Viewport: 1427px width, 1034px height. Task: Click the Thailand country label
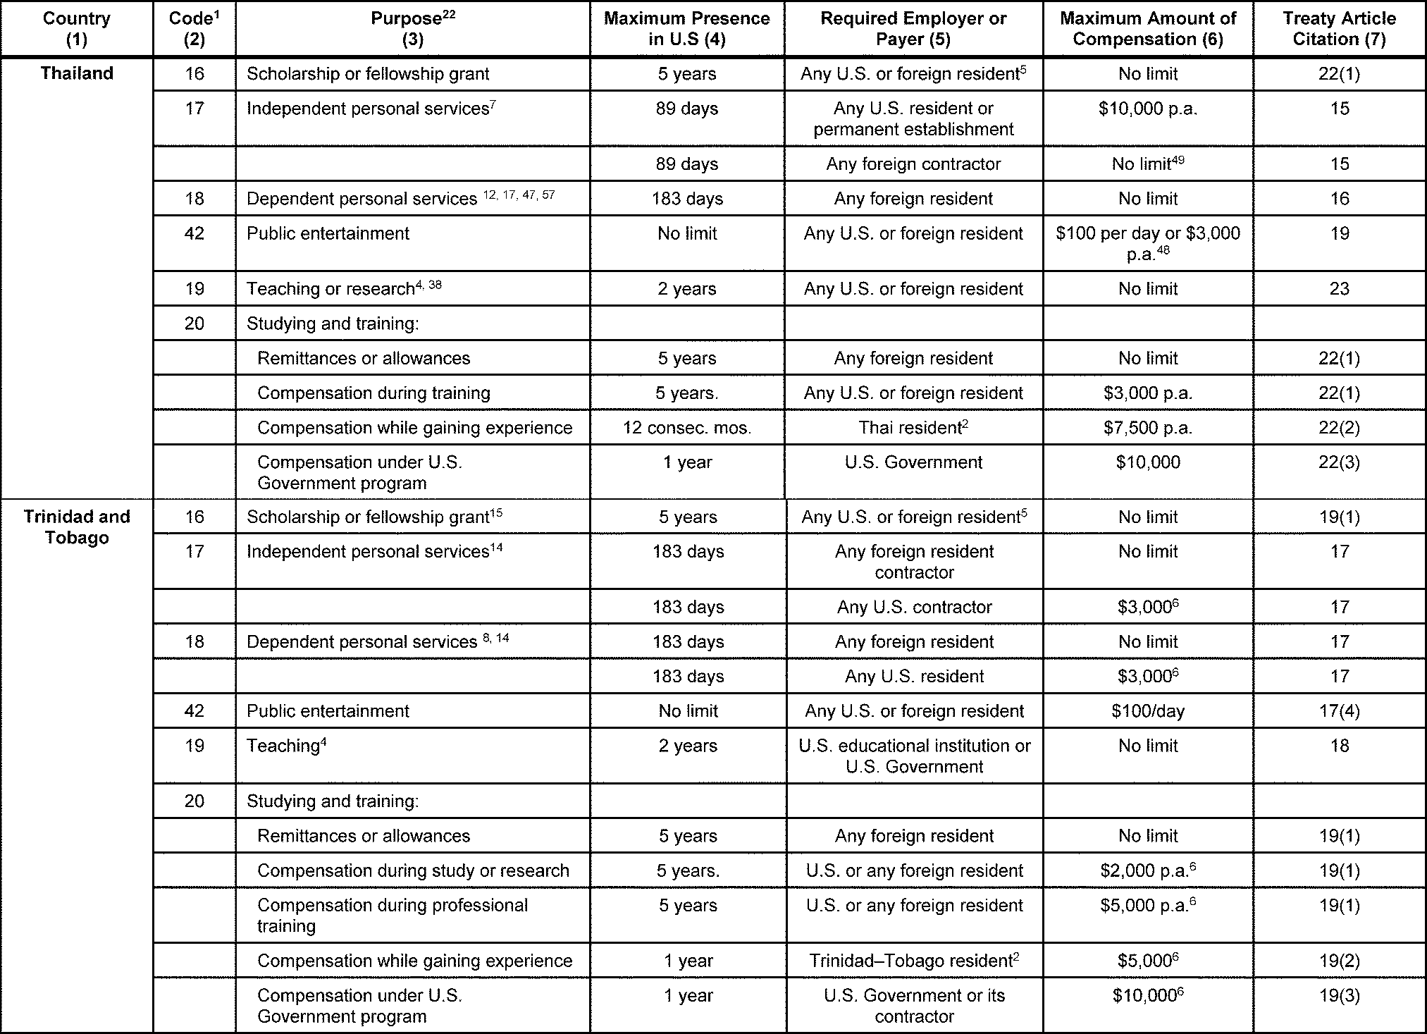(x=76, y=73)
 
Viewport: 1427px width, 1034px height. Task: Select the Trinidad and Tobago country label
(x=76, y=527)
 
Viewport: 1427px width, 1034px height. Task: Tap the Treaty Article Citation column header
(x=1338, y=29)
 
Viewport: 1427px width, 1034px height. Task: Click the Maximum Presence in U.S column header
(x=686, y=29)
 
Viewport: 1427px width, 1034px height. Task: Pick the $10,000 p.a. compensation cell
(x=1147, y=109)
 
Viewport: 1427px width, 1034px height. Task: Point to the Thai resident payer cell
(x=913, y=427)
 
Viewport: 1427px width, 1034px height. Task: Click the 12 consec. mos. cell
(x=686, y=427)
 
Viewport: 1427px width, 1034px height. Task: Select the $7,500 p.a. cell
(x=1147, y=427)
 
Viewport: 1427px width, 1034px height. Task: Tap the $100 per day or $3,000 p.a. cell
(x=1147, y=243)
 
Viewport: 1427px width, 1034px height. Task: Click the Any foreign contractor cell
(x=913, y=164)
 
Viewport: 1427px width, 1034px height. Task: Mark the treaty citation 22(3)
(x=1338, y=462)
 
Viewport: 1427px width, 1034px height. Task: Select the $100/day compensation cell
(x=1147, y=710)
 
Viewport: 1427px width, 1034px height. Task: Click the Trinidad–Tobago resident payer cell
(x=913, y=961)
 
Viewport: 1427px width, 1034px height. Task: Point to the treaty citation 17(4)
(x=1338, y=710)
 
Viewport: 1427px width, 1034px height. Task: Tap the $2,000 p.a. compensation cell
(x=1147, y=870)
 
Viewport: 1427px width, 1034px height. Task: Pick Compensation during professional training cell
(x=392, y=915)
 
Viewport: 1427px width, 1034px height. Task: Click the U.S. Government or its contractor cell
(x=913, y=1005)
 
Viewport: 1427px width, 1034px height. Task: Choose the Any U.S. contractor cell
(x=913, y=607)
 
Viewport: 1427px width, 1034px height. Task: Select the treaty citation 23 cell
(x=1338, y=289)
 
